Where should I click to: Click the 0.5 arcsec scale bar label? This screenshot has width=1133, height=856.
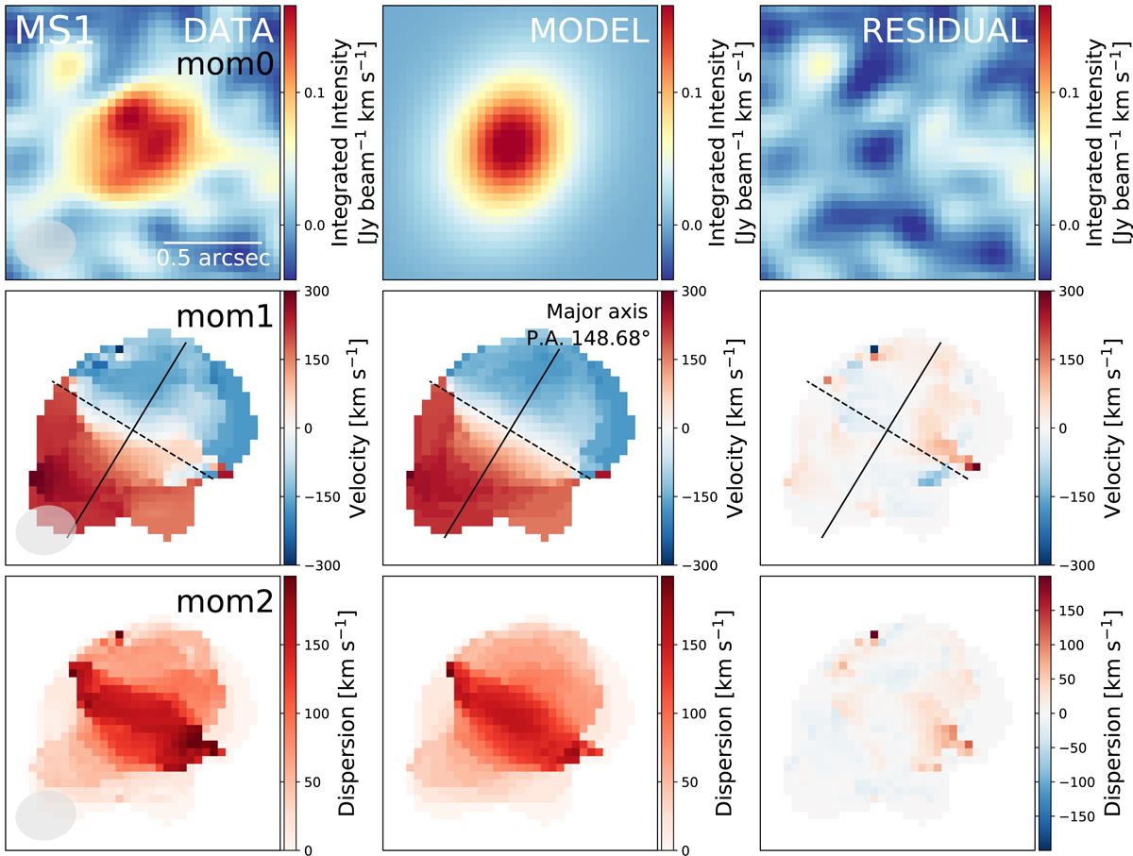(214, 259)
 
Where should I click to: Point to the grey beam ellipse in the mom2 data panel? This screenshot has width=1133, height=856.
(45, 814)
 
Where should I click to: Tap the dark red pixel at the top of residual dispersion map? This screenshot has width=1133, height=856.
(873, 635)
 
